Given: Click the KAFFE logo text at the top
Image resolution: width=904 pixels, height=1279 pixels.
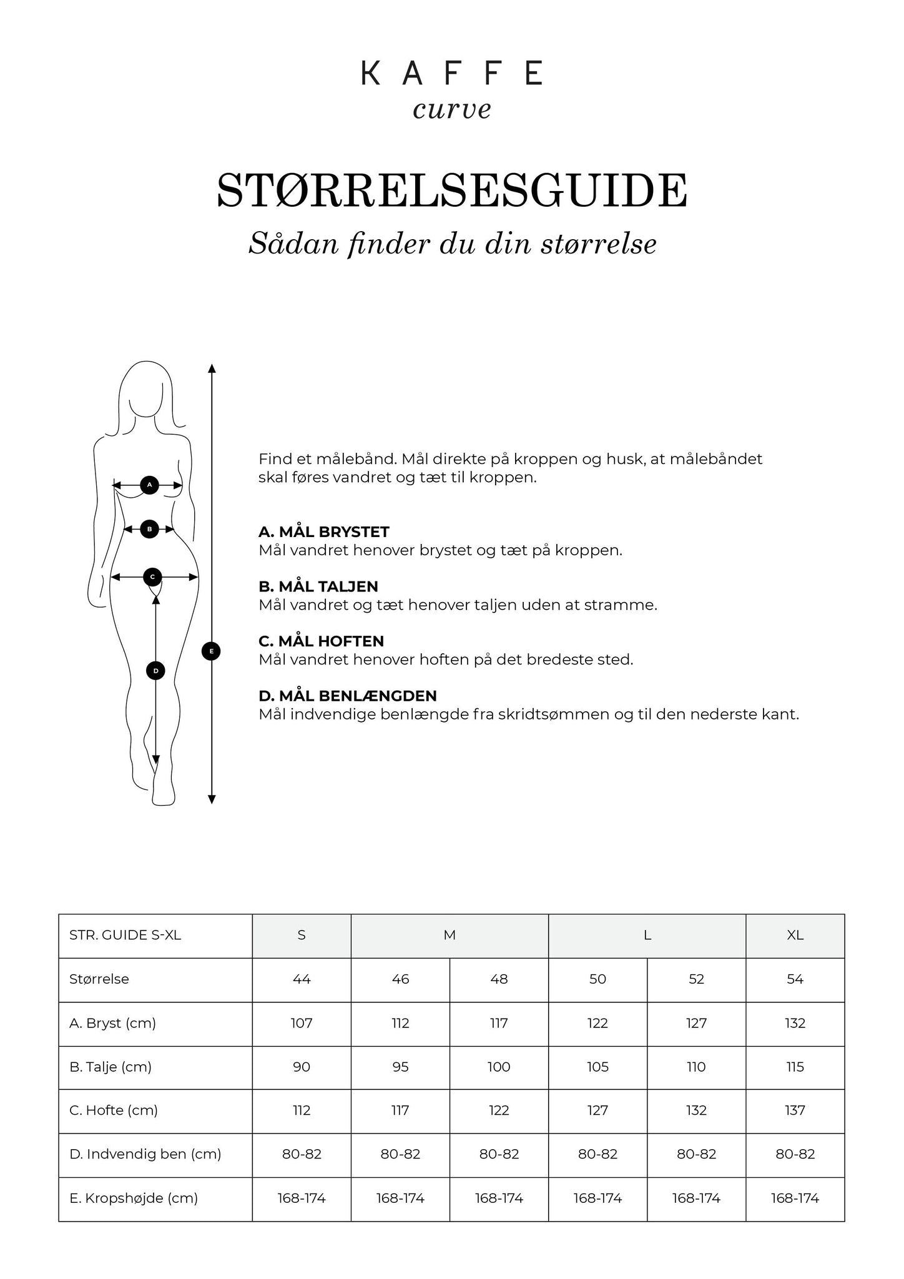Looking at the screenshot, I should pyautogui.click(x=451, y=73).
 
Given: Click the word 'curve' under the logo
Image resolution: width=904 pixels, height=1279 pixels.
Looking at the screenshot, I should pyautogui.click(x=451, y=109).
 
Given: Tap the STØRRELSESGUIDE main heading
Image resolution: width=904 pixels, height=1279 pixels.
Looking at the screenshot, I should pyautogui.click(x=451, y=190).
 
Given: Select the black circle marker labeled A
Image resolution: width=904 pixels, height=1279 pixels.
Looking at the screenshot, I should pyautogui.click(x=149, y=485).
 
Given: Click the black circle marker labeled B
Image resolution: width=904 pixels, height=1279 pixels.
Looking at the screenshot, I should pyautogui.click(x=149, y=529).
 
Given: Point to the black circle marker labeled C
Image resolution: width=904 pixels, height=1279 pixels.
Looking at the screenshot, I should pyautogui.click(x=152, y=577).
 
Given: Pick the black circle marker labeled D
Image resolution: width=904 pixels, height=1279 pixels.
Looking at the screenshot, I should pyautogui.click(x=155, y=671).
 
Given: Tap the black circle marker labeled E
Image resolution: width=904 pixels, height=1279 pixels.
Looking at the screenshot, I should pyautogui.click(x=212, y=651).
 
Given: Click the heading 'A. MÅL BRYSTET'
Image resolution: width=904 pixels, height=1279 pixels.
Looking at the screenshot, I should pyautogui.click(x=323, y=532).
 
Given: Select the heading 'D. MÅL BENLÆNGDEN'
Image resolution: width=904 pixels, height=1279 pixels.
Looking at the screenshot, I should pyautogui.click(x=347, y=696).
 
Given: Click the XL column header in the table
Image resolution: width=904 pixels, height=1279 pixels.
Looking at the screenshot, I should pyautogui.click(x=795, y=935).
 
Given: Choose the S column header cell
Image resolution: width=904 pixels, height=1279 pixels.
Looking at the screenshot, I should pyautogui.click(x=302, y=935).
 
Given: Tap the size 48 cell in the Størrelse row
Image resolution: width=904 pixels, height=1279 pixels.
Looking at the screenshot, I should pyautogui.click(x=499, y=979).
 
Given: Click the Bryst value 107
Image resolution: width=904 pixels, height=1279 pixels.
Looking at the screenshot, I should pyautogui.click(x=302, y=1023).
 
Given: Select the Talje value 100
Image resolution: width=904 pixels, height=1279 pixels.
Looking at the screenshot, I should pyautogui.click(x=499, y=1067).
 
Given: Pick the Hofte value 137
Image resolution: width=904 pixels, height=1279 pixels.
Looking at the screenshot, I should pyautogui.click(x=795, y=1110).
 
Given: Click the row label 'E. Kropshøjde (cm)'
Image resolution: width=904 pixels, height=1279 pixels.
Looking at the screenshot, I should pyautogui.click(x=134, y=1198).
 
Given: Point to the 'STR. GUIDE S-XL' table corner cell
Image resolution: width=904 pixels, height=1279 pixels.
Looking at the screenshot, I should pyautogui.click(x=125, y=935).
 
